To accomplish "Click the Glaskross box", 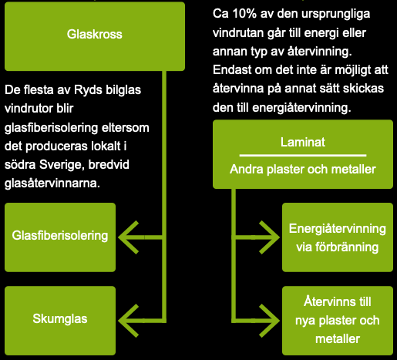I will coord(95,35).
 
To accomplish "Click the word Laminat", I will coord(302,142).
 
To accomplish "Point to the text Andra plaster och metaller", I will coord(302,170).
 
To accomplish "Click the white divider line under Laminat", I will coord(302,156).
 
